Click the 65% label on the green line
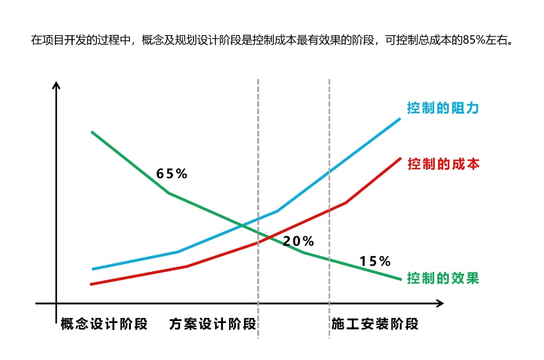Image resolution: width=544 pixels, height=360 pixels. [x=172, y=174]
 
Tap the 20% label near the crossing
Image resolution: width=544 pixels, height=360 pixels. [x=298, y=241]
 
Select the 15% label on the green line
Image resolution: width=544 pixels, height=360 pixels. [x=374, y=261]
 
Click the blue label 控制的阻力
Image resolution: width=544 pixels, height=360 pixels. [x=442, y=108]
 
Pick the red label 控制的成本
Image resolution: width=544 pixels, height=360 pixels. [x=442, y=163]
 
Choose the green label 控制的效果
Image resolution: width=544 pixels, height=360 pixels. [x=442, y=278]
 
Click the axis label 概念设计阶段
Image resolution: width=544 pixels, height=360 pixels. [x=104, y=324]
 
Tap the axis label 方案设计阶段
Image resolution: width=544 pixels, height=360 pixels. [x=213, y=324]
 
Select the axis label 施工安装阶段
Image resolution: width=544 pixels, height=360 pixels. [x=375, y=324]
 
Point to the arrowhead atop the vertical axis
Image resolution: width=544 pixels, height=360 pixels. [x=57, y=86]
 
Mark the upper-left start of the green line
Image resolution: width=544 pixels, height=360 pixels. [x=93, y=132]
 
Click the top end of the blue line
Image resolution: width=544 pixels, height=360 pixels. [x=400, y=118]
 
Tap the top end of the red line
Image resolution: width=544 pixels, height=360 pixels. [x=400, y=158]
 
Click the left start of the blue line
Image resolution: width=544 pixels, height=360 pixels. [x=93, y=269]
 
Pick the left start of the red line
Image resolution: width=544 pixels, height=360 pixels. [x=91, y=284]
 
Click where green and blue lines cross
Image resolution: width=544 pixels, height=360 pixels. [x=246, y=225]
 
